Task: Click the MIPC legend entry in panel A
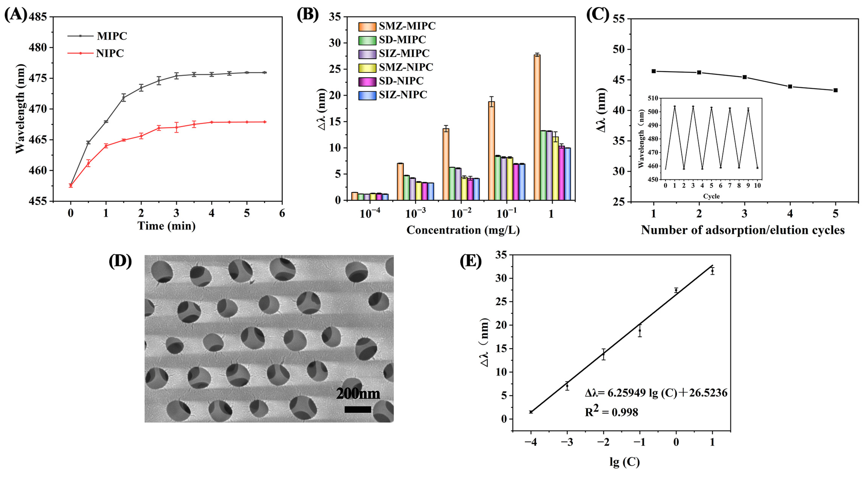pyautogui.click(x=112, y=36)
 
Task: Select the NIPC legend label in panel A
pyautogui.click(x=110, y=53)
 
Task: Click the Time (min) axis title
pyautogui.click(x=166, y=226)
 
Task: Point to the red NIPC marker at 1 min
pyautogui.click(x=106, y=146)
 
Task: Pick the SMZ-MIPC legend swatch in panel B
pyautogui.click(x=367, y=26)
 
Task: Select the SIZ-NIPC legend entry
pyautogui.click(x=402, y=95)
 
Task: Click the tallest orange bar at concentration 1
pyautogui.click(x=537, y=128)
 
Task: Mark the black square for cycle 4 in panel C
pyautogui.click(x=790, y=87)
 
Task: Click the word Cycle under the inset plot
pyautogui.click(x=711, y=196)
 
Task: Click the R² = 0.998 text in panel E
pyautogui.click(x=611, y=412)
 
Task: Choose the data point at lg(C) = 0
pyautogui.click(x=676, y=290)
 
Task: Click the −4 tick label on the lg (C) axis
pyautogui.click(x=531, y=442)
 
